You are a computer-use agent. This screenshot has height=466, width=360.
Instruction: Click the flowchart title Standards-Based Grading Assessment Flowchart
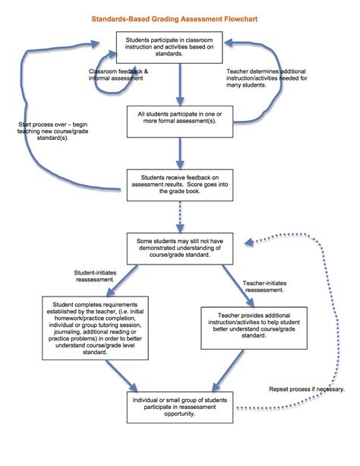180,14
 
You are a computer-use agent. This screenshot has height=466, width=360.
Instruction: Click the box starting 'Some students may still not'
180,249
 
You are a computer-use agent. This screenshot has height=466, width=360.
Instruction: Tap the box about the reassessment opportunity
180,407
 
